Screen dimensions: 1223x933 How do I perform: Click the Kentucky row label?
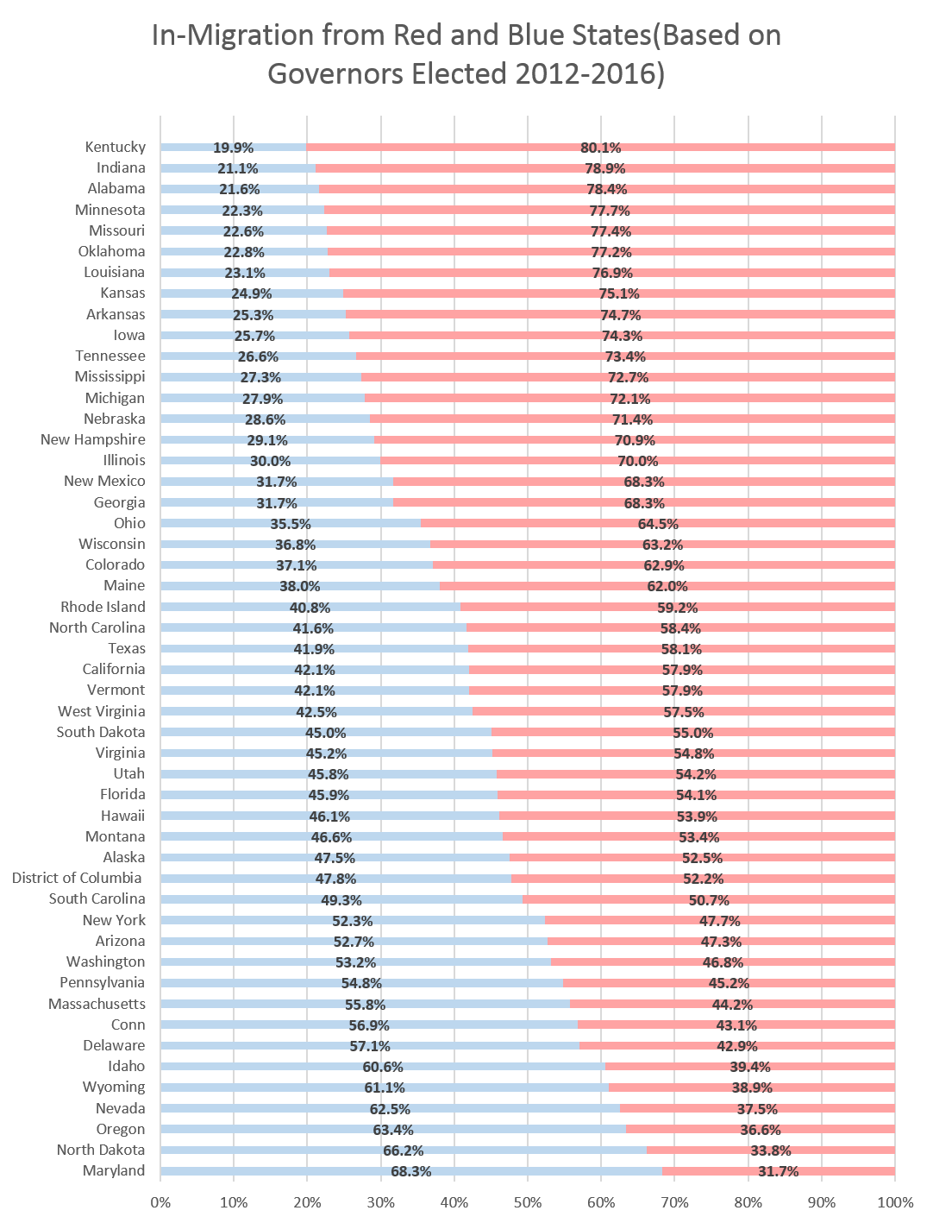(x=115, y=148)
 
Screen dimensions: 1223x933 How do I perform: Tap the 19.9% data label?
(x=234, y=148)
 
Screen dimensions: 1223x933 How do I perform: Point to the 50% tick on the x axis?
(x=527, y=1202)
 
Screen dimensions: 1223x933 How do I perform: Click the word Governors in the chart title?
(x=337, y=74)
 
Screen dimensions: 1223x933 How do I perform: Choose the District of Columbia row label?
(x=78, y=879)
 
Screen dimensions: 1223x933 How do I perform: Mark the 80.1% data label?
(x=600, y=148)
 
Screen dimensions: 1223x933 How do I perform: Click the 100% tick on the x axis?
(x=894, y=1202)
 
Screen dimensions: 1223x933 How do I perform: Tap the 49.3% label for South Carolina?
(x=341, y=899)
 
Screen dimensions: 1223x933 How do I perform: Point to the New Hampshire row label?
(x=93, y=440)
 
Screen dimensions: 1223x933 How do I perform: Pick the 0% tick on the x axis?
(x=160, y=1202)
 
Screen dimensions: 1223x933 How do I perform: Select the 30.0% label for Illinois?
(x=270, y=461)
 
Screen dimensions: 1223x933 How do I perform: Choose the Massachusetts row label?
(x=97, y=1004)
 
